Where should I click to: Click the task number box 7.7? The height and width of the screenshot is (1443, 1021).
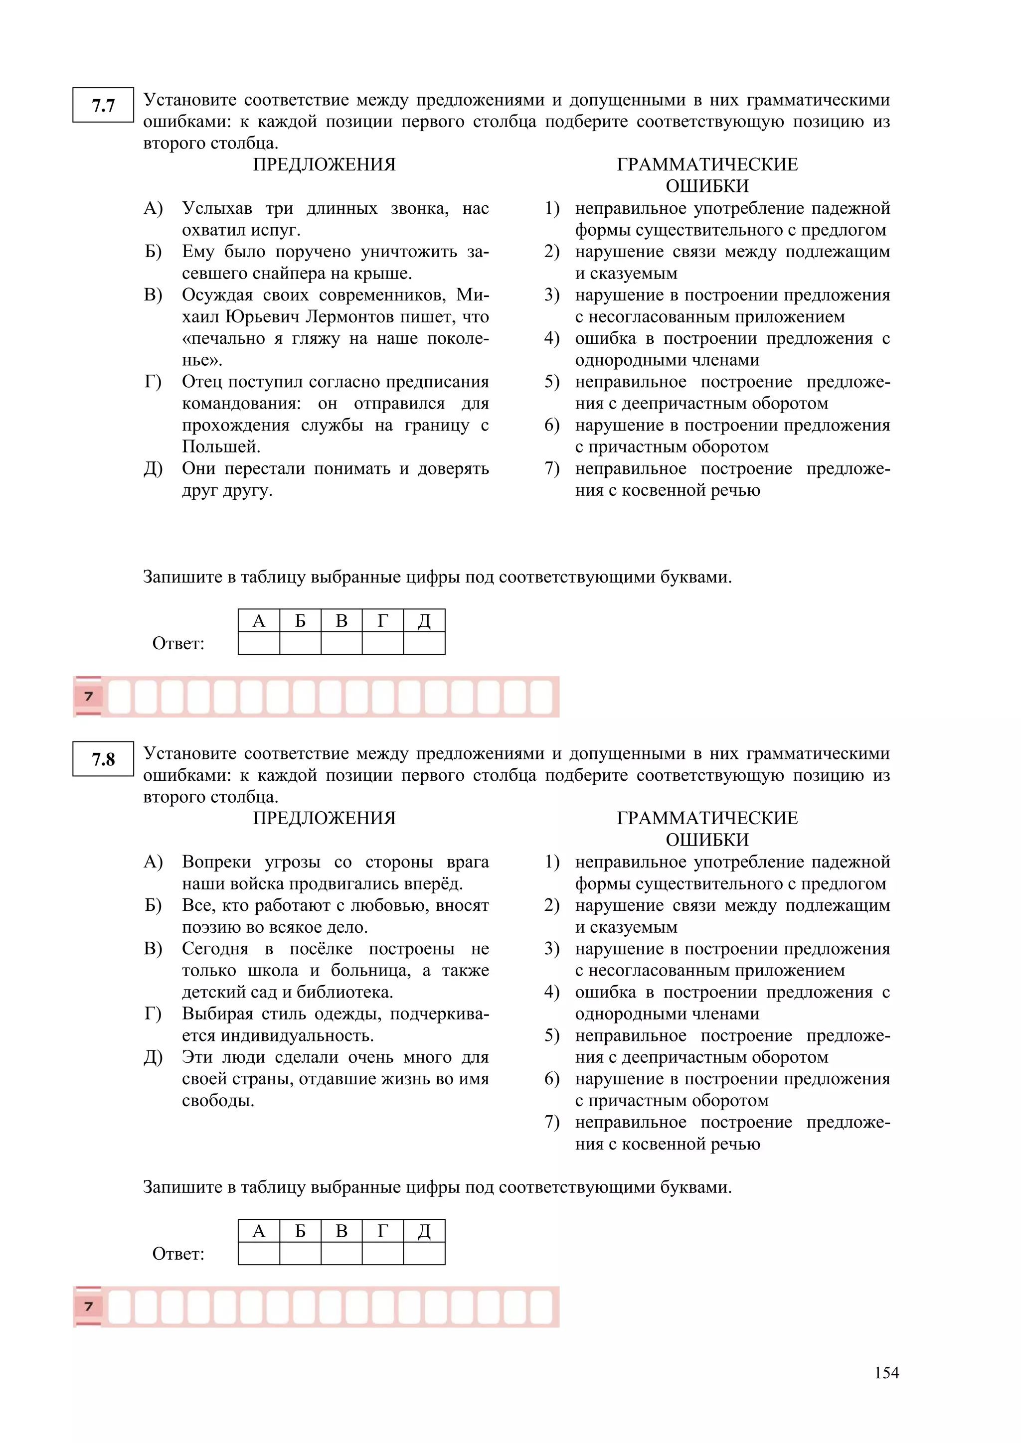pos(103,105)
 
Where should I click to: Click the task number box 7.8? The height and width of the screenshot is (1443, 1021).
pos(103,759)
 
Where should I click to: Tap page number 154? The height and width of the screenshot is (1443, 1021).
pos(886,1373)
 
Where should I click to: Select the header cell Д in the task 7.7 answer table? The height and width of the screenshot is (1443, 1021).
pos(424,621)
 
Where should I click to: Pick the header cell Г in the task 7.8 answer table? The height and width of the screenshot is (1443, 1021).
pos(382,1231)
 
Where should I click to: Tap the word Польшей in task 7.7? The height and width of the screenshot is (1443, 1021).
pos(221,447)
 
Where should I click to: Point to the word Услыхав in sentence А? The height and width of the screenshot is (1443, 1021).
pos(217,209)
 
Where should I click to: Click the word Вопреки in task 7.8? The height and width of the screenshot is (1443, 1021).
pos(217,863)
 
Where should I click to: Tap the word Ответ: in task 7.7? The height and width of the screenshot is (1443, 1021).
pos(178,644)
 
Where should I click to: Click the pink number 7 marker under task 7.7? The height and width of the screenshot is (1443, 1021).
pos(89,697)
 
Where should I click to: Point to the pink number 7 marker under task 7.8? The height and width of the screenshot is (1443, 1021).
pos(89,1306)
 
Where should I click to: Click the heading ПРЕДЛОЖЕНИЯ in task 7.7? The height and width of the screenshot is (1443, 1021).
pos(325,164)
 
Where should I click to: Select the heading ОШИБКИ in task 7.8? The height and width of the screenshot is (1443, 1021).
pos(707,840)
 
